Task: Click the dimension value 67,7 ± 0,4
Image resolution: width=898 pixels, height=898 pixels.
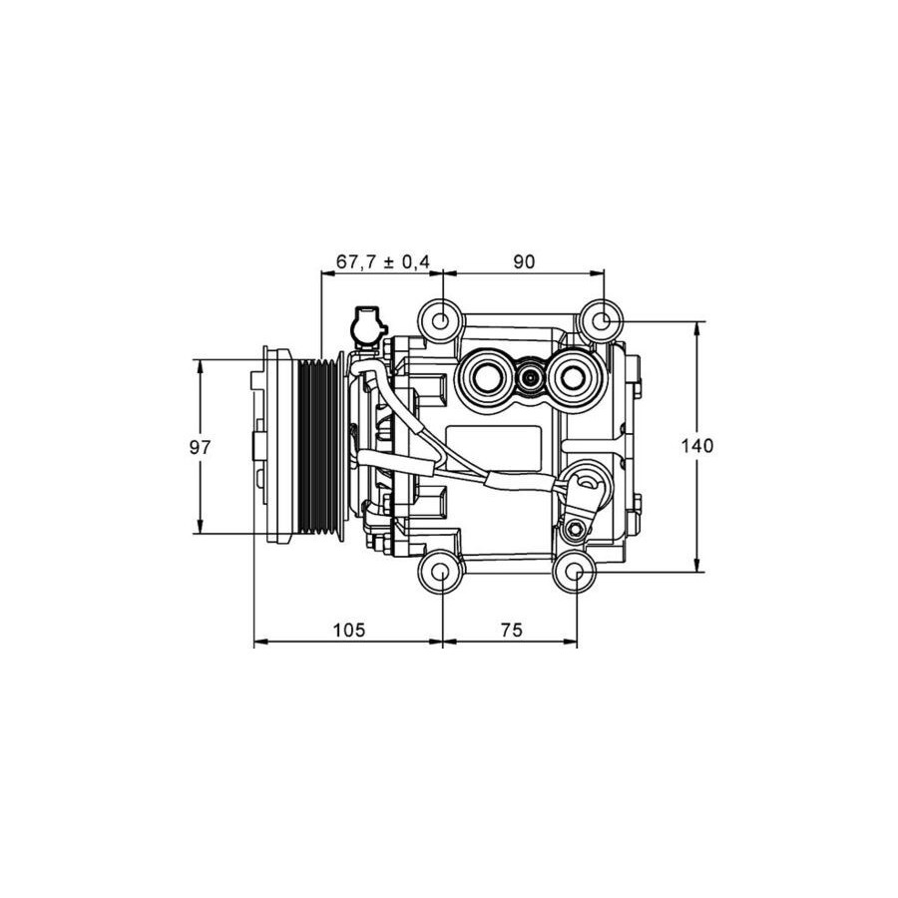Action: pos(382,261)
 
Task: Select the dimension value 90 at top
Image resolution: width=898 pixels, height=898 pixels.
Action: pos(524,261)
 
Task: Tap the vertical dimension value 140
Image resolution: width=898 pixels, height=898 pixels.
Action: pos(697,446)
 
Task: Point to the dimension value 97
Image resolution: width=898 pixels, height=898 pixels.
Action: pos(201,447)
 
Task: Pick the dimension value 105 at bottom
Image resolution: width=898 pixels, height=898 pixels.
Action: pos(349,630)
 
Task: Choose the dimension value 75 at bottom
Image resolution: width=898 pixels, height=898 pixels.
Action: pos(512,630)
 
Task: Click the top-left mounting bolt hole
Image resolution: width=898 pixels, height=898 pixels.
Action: pos(440,321)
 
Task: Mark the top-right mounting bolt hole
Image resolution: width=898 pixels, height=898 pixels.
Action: pos(601,321)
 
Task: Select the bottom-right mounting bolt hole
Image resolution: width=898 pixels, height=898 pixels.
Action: pos(575,572)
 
